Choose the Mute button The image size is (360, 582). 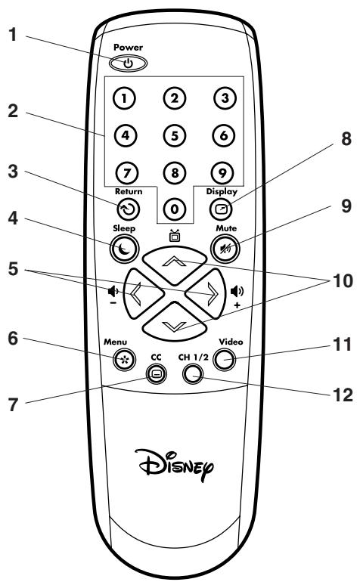[x=223, y=248]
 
